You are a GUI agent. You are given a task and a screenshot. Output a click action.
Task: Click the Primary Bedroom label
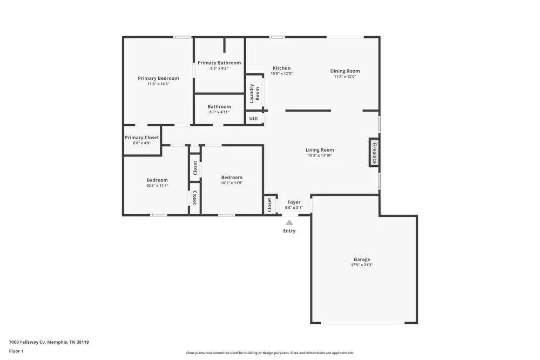pyautogui.click(x=158, y=78)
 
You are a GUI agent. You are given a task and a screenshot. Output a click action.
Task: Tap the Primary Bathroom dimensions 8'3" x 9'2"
pyautogui.click(x=219, y=69)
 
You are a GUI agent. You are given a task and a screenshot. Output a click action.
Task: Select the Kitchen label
pyautogui.click(x=281, y=68)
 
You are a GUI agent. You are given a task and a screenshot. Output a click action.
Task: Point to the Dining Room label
pyautogui.click(x=345, y=71)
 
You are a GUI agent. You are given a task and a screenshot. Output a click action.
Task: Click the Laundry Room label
pyautogui.click(x=254, y=93)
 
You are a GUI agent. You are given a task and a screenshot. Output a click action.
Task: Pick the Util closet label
pyautogui.click(x=253, y=118)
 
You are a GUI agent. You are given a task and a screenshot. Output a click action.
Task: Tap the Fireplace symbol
pyautogui.click(x=374, y=152)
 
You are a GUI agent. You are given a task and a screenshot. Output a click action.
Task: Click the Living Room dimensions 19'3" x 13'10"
pyautogui.click(x=320, y=155)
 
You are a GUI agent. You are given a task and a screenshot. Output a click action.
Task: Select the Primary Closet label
pyautogui.click(x=142, y=138)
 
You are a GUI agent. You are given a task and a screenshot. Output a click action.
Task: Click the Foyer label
pyautogui.click(x=294, y=202)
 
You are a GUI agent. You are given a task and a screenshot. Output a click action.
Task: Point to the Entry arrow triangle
pyautogui.click(x=289, y=222)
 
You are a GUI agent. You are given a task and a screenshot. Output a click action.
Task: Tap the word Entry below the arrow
pyautogui.click(x=289, y=231)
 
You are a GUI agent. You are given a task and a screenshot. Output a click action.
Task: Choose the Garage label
pyautogui.click(x=362, y=260)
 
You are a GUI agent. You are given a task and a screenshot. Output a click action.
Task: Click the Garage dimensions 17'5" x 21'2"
pyautogui.click(x=362, y=265)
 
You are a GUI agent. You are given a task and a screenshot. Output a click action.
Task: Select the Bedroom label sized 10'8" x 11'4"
pyautogui.click(x=157, y=180)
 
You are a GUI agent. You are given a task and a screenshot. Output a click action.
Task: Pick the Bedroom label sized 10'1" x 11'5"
pyautogui.click(x=232, y=177)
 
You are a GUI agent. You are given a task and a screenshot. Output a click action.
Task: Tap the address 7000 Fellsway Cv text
pyautogui.click(x=49, y=342)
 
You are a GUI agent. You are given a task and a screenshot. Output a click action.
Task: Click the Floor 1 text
pyautogui.click(x=16, y=351)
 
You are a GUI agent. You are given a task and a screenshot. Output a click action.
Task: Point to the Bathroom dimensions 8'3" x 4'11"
pyautogui.click(x=219, y=112)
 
